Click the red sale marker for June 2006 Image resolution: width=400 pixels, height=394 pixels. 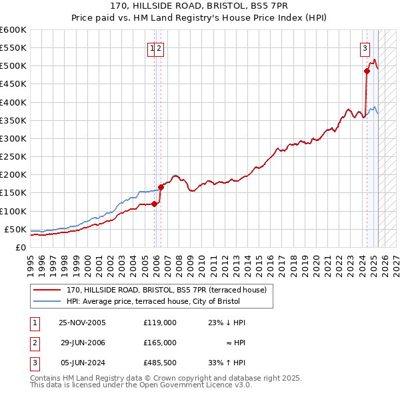[161, 187]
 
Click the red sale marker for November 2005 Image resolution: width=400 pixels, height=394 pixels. [154, 204]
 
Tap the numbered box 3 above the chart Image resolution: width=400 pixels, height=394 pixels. [365, 47]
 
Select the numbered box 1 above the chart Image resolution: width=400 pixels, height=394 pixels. [153, 47]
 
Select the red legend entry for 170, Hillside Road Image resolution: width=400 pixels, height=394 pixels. [167, 290]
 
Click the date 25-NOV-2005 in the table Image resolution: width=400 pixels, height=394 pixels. [82, 323]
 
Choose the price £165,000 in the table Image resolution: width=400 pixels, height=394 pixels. [160, 343]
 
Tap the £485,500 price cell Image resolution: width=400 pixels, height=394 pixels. [160, 363]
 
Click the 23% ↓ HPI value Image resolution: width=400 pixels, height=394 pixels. [227, 323]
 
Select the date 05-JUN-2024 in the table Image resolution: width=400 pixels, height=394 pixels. [82, 363]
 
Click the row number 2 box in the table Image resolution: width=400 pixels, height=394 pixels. [34, 343]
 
